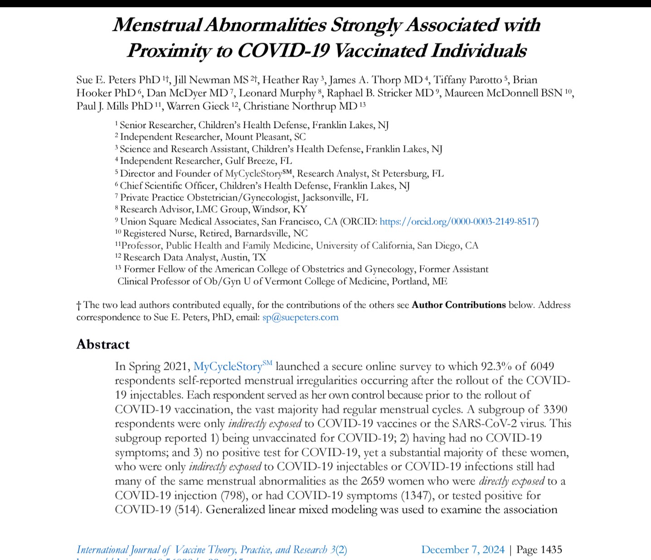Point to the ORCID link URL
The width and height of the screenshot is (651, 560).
458,222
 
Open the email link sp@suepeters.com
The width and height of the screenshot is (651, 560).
300,317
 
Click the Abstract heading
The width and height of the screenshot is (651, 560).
103,344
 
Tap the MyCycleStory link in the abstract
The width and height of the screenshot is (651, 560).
228,367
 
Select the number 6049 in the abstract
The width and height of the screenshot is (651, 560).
542,366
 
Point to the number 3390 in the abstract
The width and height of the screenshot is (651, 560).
554,409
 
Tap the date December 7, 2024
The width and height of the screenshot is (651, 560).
462,550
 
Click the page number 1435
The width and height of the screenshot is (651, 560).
551,550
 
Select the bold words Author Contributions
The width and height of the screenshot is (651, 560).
458,305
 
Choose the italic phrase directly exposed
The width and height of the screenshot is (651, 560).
511,481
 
